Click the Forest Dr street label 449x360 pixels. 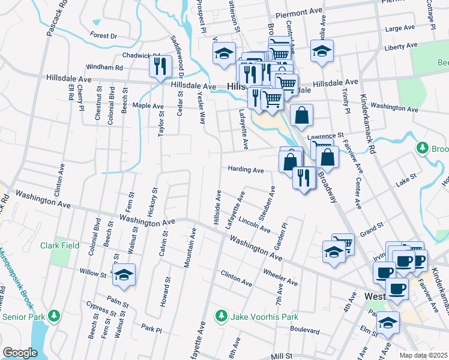tap(104, 36)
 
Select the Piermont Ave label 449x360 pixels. tap(299, 12)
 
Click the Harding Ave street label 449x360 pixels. tap(246, 170)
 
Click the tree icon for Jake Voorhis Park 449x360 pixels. tap(221, 315)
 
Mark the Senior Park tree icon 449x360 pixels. tap(55, 315)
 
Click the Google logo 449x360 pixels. tap(20, 353)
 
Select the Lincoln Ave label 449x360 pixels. tap(255, 225)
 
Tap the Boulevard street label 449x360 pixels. tap(304, 330)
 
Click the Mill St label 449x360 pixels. tap(280, 356)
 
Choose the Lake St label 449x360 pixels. tap(406, 179)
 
